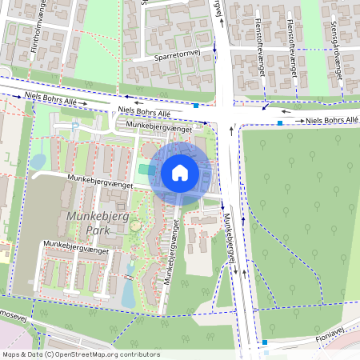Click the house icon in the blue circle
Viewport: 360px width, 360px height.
[x=180, y=173]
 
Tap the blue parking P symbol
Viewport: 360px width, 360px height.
[x=75, y=126]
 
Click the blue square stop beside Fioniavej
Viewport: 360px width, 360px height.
[x=265, y=343]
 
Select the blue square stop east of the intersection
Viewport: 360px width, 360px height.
[x=279, y=123]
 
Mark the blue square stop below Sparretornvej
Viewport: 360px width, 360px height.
[x=196, y=104]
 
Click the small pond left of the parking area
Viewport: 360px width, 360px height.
[x=38, y=162]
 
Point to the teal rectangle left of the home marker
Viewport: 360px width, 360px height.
[x=144, y=169]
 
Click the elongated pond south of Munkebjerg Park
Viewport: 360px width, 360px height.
[x=128, y=293]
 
